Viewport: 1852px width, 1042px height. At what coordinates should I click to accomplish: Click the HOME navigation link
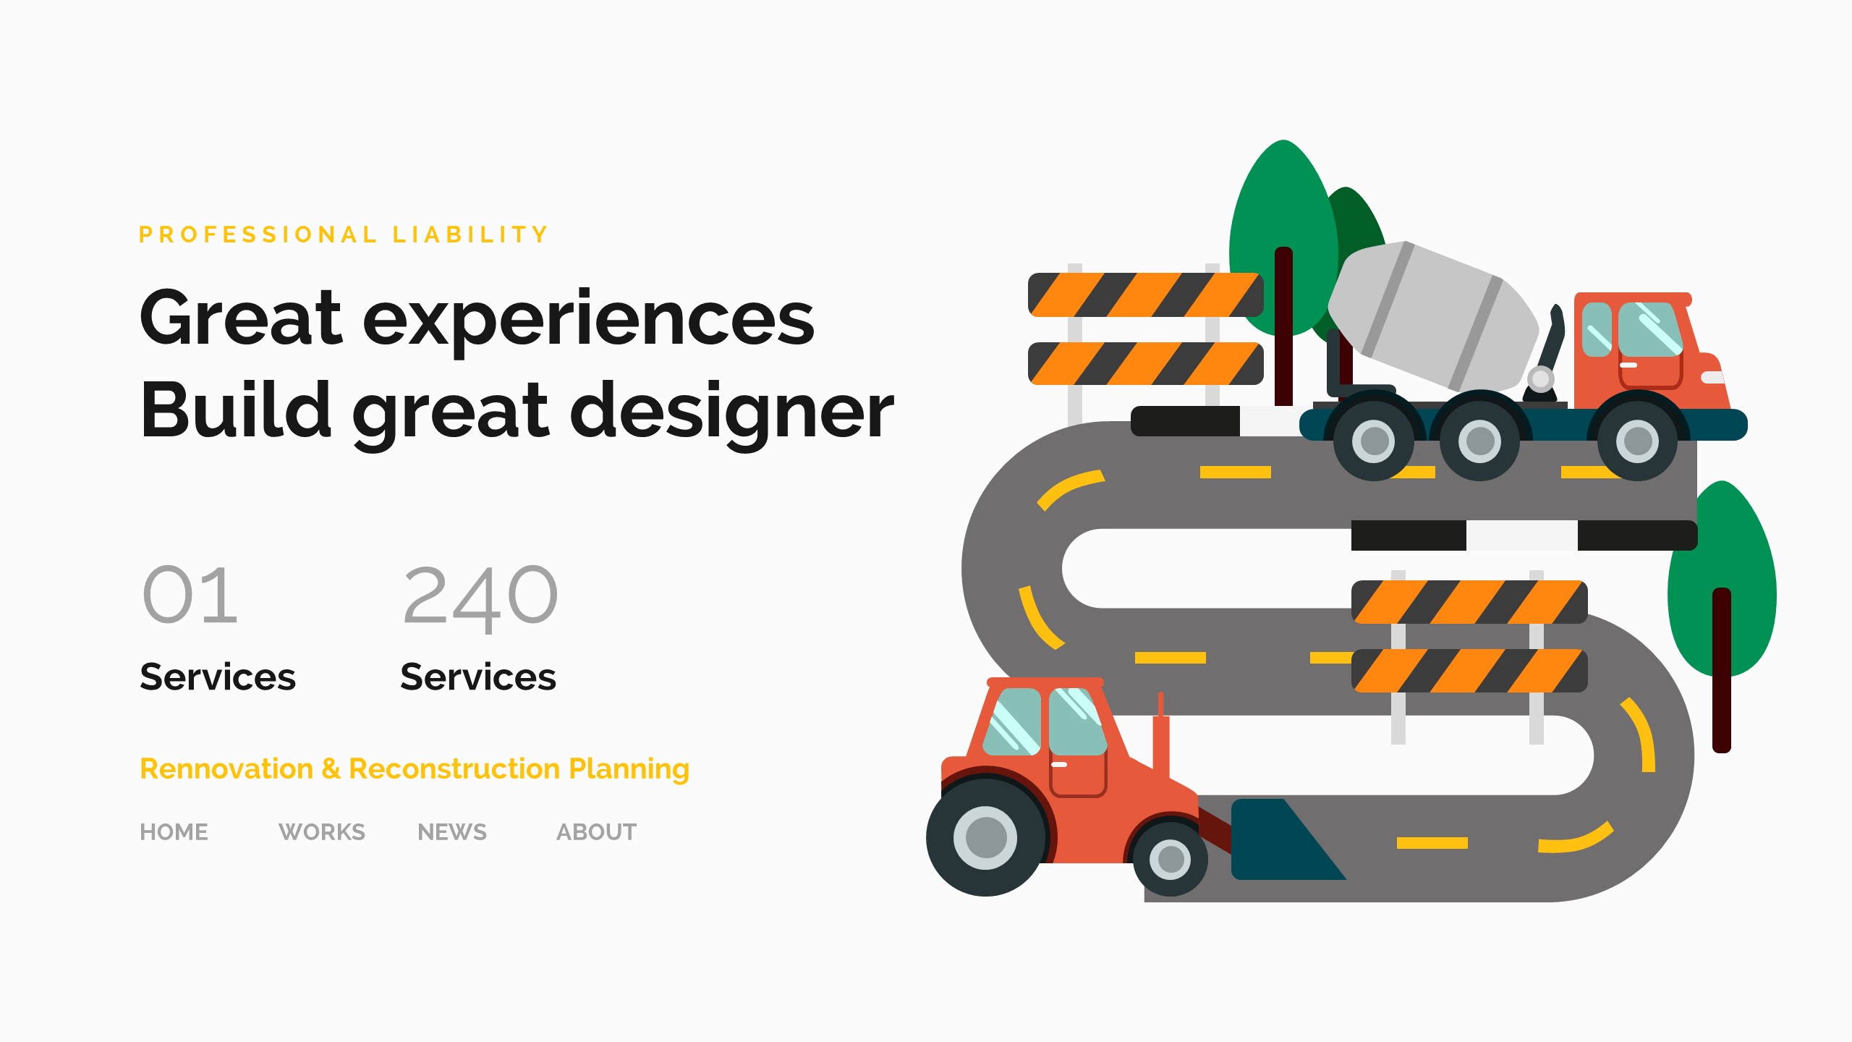pyautogui.click(x=174, y=832)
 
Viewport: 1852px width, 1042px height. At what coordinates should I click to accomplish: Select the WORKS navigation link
pyautogui.click(x=322, y=832)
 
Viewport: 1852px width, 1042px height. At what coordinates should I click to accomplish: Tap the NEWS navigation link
pyautogui.click(x=452, y=832)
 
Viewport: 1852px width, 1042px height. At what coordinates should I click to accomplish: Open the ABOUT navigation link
pyautogui.click(x=597, y=832)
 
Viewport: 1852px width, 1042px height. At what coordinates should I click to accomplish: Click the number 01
pyautogui.click(x=190, y=595)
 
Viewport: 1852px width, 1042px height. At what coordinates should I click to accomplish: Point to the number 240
pyautogui.click(x=480, y=596)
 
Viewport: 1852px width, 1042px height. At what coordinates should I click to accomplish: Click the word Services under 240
pyautogui.click(x=478, y=677)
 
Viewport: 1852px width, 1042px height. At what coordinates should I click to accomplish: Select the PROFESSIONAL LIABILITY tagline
pyautogui.click(x=344, y=234)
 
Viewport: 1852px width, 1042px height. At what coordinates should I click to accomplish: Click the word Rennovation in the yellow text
pyautogui.click(x=226, y=768)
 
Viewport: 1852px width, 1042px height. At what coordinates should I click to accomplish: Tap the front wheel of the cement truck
pyautogui.click(x=1637, y=441)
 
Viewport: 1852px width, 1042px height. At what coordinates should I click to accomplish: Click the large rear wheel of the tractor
pyautogui.click(x=985, y=837)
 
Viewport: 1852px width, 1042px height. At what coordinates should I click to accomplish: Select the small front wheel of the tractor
pyautogui.click(x=1171, y=860)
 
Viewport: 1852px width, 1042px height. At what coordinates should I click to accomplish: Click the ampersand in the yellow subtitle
pyautogui.click(x=331, y=768)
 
